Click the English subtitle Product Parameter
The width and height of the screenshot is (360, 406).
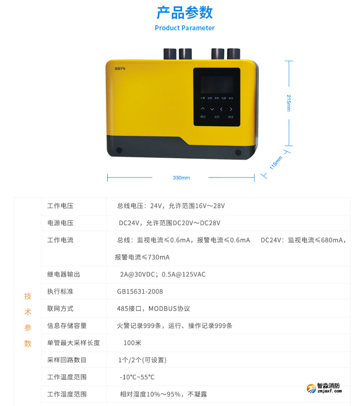tap(185, 28)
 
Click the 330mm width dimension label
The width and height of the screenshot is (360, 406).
tap(181, 178)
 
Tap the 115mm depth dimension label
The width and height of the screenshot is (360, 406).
tap(276, 162)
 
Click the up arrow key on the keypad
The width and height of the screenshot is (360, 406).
tap(203, 109)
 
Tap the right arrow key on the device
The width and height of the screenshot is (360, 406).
tap(231, 109)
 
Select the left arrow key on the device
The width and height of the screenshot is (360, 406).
tap(221, 109)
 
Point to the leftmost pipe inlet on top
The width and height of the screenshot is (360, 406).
tap(170, 54)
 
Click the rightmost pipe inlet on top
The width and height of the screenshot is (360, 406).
tap(233, 54)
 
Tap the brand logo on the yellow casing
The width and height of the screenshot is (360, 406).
tap(119, 68)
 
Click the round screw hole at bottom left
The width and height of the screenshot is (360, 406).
tap(119, 150)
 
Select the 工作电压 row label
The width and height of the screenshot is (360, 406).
tap(60, 206)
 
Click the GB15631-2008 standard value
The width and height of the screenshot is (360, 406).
tap(140, 292)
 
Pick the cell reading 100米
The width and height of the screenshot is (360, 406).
tap(132, 343)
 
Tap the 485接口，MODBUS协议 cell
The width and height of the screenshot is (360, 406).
tap(153, 309)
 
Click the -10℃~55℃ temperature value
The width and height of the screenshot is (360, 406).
tap(137, 377)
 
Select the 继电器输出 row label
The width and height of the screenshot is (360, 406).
tap(63, 274)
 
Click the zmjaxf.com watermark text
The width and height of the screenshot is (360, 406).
tap(329, 391)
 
